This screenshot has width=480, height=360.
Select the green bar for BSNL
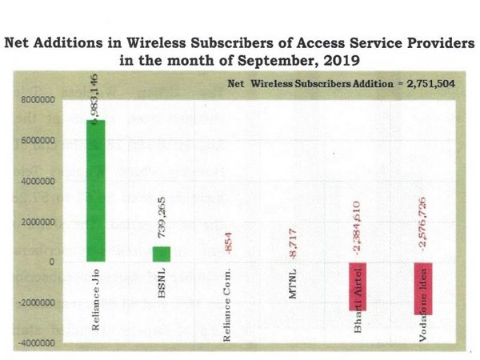pyautogui.click(x=162, y=254)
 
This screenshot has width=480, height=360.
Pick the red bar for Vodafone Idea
pyautogui.click(x=424, y=288)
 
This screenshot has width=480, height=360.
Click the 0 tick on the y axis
pyautogui.click(x=50, y=262)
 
